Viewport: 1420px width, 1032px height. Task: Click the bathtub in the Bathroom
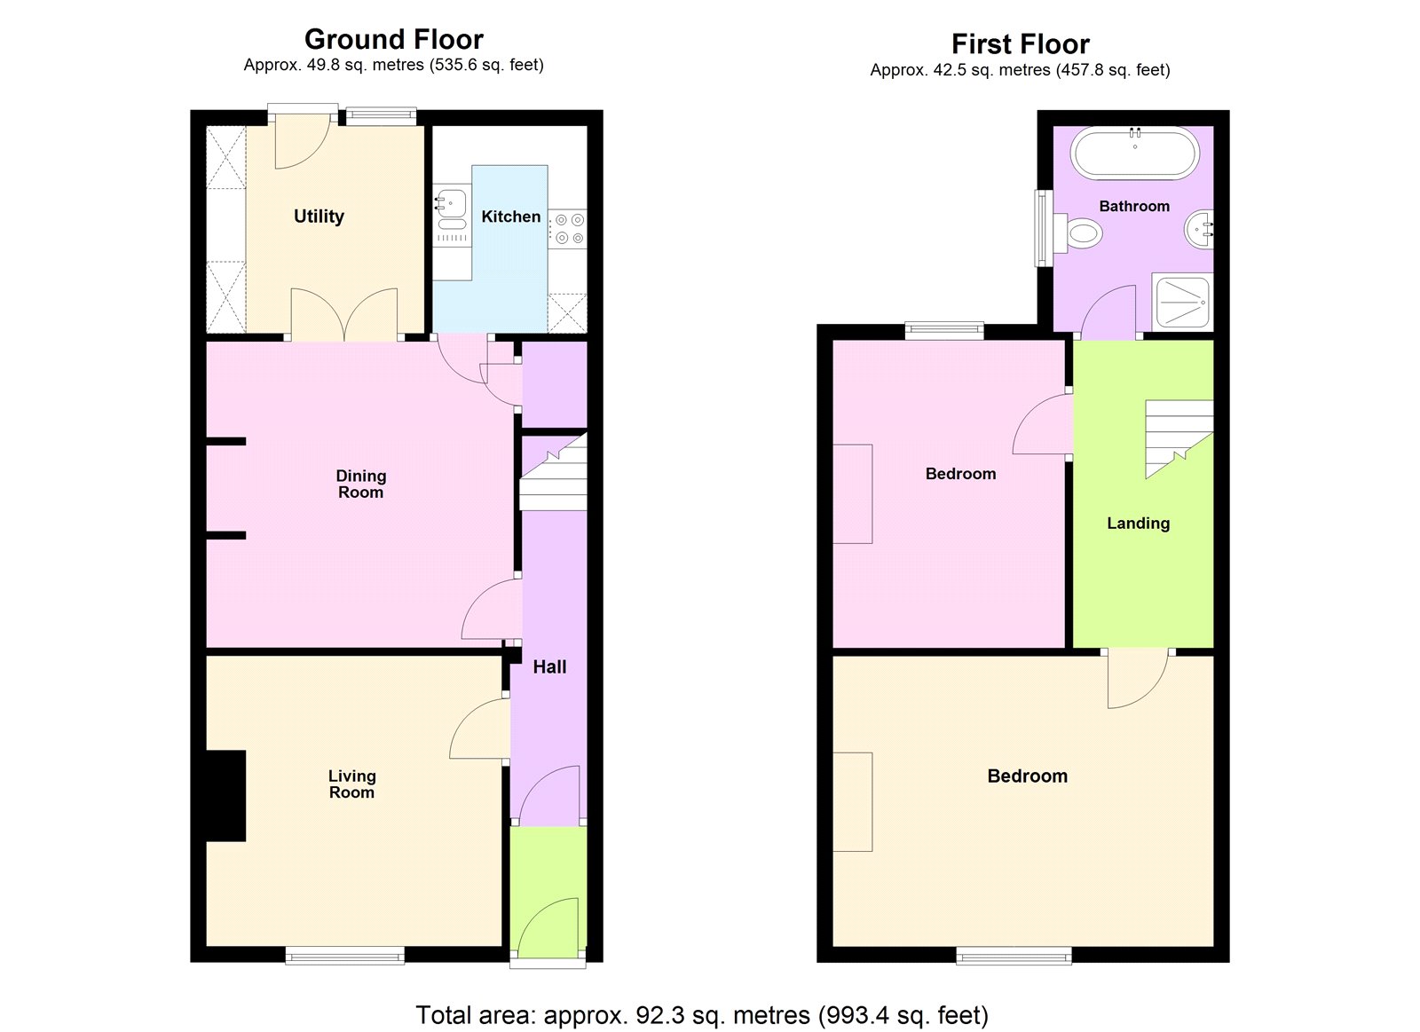click(1134, 154)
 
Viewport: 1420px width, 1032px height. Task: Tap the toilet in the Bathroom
click(1081, 234)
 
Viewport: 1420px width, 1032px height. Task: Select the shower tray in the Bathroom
click(1181, 300)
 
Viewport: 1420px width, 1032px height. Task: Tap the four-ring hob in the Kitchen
click(567, 228)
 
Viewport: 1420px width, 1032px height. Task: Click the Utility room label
click(319, 217)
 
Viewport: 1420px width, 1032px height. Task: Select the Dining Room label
click(360, 484)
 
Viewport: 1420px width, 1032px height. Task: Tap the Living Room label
click(351, 784)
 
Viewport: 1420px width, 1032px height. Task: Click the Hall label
click(549, 667)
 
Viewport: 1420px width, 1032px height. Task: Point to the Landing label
click(1138, 524)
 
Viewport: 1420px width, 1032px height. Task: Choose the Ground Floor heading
click(393, 40)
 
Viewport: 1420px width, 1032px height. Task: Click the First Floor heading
click(1020, 44)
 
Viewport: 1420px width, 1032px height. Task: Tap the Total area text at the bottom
click(701, 1014)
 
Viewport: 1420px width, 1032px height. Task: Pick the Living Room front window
click(344, 956)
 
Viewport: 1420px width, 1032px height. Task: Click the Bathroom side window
click(1042, 228)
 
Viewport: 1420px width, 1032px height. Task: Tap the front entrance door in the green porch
click(548, 930)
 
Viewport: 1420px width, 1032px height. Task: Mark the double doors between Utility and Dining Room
click(344, 315)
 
